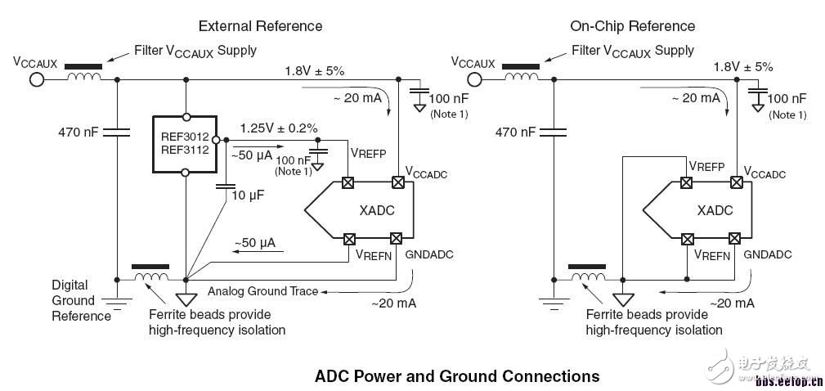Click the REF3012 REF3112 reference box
(x=185, y=144)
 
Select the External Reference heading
(x=260, y=26)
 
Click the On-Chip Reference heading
(x=632, y=26)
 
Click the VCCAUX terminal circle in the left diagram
(x=36, y=80)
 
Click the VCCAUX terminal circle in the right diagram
(x=474, y=80)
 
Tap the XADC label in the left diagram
(x=376, y=210)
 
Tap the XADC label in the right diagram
(x=715, y=210)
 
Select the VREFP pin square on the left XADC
(x=347, y=182)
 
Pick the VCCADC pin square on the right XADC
(x=738, y=182)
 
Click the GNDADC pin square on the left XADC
(x=396, y=239)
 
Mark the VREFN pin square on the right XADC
(x=687, y=239)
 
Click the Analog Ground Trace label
(x=263, y=291)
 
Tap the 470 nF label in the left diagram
(x=78, y=132)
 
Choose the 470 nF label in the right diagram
(x=516, y=132)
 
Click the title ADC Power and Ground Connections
(x=457, y=376)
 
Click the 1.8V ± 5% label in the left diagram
(x=315, y=70)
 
